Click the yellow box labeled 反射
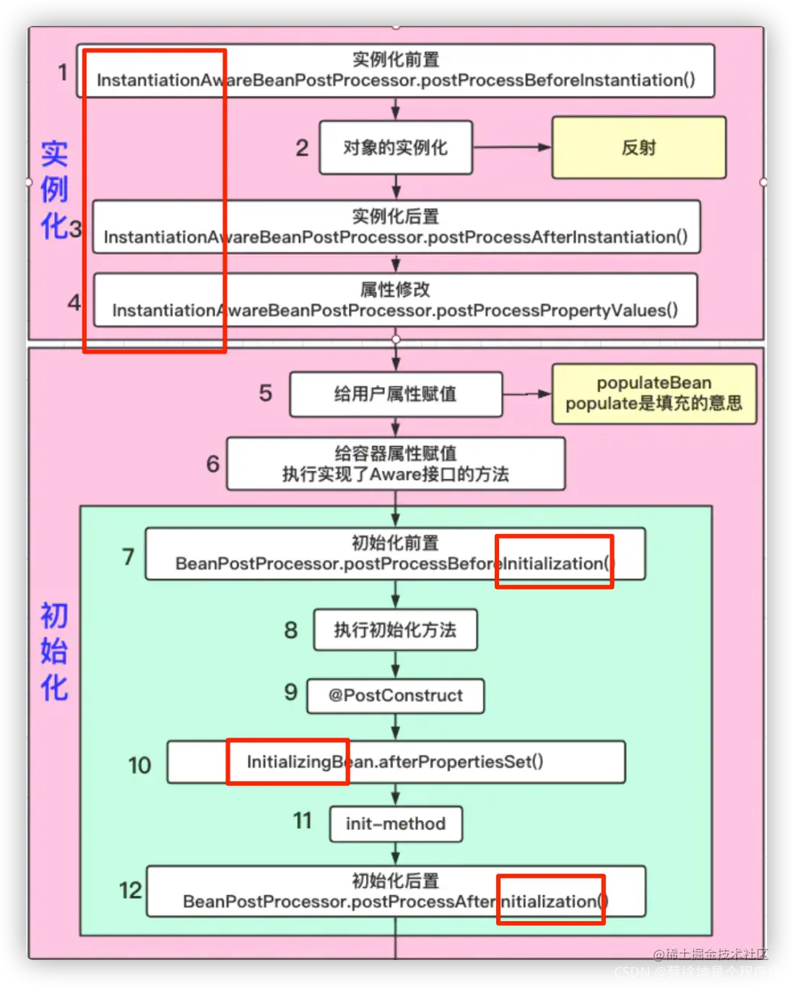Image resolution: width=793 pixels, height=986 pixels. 638,147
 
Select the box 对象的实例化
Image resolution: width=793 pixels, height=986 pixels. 395,147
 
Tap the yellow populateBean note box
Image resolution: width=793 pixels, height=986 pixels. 654,393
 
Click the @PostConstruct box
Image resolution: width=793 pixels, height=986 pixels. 395,696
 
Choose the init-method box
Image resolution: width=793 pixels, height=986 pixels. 396,824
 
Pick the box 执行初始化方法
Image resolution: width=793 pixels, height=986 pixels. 395,630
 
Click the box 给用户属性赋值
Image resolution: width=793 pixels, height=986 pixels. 395,394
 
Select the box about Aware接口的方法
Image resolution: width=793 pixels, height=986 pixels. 395,464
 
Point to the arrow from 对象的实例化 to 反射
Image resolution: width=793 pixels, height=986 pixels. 511,147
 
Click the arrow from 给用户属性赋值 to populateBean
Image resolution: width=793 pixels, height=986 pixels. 526,394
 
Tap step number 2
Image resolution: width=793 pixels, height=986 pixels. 302,148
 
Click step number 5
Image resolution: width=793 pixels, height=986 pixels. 266,393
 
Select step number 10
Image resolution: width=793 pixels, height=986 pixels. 139,765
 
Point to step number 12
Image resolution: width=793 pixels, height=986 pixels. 131,890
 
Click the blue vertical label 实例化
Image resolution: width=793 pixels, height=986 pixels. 54,190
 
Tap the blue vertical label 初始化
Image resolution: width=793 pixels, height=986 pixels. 54,651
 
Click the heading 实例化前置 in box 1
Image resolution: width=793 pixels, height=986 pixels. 395,59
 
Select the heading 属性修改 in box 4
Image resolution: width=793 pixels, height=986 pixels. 395,289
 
